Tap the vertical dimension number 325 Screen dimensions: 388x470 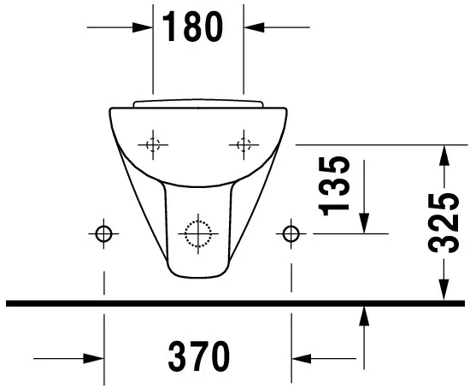coord(443,223)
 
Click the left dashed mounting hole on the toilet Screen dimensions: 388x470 coord(153,144)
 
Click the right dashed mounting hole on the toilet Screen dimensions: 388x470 coord(244,144)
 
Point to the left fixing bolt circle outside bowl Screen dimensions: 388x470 coord(103,232)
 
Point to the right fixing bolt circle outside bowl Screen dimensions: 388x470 coord(292,232)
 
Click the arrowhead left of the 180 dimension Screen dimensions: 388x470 coord(142,27)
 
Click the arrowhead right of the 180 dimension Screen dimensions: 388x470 coord(256,27)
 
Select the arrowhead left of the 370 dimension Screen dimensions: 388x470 coord(93,357)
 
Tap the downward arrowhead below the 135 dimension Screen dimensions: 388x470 coord(364,223)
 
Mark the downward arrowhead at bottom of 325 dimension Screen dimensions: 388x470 coord(443,291)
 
